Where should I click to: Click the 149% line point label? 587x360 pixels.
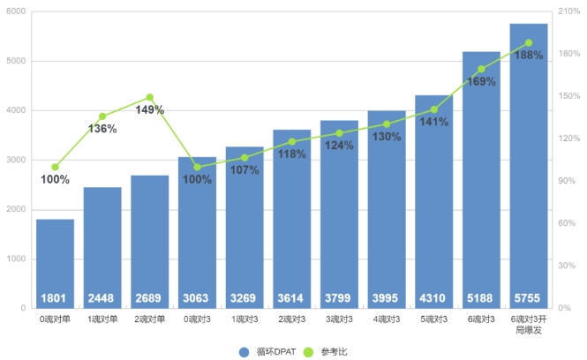tap(150, 110)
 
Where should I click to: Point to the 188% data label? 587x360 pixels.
tap(528, 56)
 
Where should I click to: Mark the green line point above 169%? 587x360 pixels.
tap(481, 69)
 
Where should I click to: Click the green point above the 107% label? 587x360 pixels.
tap(245, 158)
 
